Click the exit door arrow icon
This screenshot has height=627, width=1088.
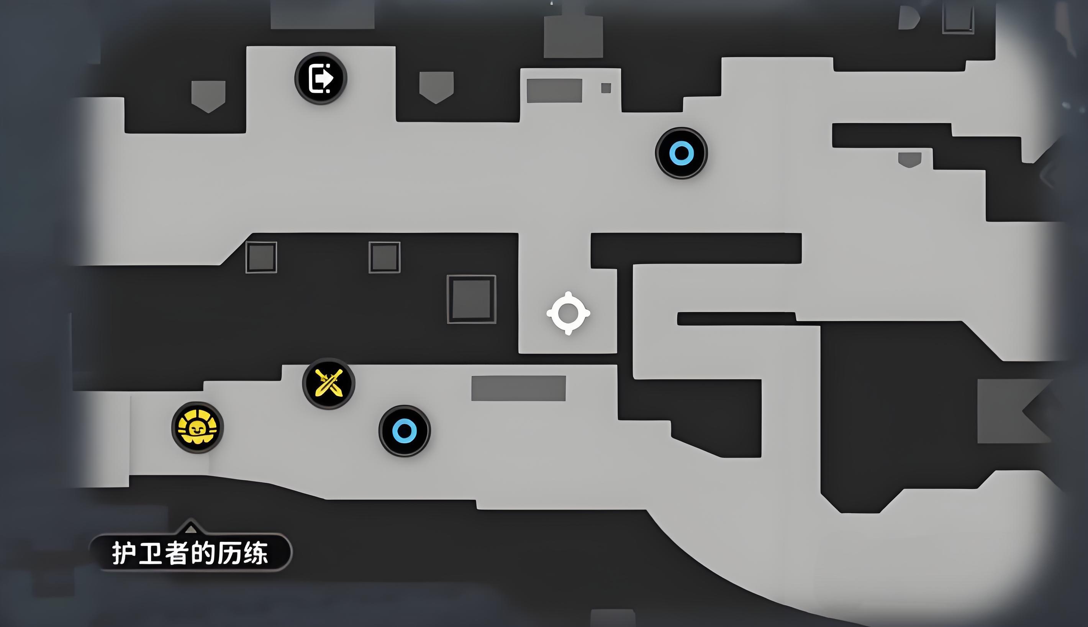coord(321,78)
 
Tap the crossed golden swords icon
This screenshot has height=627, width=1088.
coord(329,383)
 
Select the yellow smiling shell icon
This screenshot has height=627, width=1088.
coord(198,428)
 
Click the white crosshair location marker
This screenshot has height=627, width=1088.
coord(568,313)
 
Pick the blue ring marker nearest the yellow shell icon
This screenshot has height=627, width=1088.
coord(405,431)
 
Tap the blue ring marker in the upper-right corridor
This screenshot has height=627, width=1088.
coord(681,153)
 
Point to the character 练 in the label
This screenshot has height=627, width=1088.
coord(256,553)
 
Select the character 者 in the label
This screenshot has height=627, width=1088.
coord(177,553)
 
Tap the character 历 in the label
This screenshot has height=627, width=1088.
coord(229,553)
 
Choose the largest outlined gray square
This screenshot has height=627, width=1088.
coord(472,299)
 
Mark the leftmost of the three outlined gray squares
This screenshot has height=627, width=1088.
coord(261,257)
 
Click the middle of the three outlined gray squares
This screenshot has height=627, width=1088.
coord(384,257)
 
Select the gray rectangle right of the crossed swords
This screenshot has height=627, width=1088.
coord(519,388)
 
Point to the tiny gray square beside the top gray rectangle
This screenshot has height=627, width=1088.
coord(606,88)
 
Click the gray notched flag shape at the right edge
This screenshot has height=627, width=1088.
coord(1007,411)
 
